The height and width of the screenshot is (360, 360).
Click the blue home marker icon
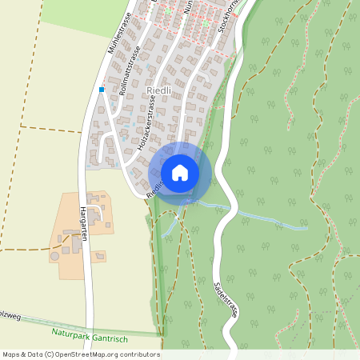(x=180, y=172)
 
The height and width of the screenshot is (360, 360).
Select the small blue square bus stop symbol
(x=102, y=90)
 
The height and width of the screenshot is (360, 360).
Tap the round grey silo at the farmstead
(x=54, y=258)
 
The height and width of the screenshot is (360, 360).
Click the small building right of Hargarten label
(x=98, y=256)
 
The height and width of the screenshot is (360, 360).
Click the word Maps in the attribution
(x=12, y=354)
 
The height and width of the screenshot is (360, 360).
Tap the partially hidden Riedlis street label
(x=154, y=186)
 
